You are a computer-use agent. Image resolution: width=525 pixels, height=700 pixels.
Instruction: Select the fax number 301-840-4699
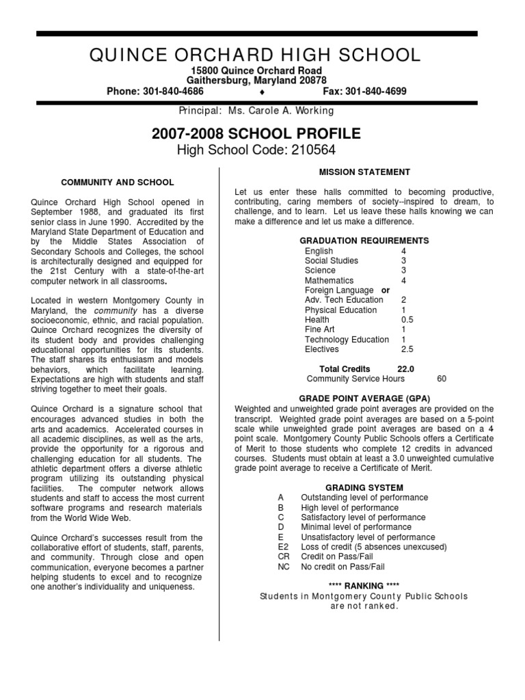tap(374, 91)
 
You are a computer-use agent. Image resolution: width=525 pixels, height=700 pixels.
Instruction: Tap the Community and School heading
tap(118, 183)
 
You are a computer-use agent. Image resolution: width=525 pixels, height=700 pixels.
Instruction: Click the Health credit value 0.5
tap(407, 320)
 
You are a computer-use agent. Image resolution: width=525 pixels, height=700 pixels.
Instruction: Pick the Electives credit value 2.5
tap(407, 349)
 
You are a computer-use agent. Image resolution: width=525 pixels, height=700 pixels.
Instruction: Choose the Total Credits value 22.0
tap(405, 369)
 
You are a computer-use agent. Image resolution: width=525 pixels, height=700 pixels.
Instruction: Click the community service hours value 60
tap(442, 379)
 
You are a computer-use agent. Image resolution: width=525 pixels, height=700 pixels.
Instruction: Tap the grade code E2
tap(284, 547)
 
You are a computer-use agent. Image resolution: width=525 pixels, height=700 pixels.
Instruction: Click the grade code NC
tap(284, 567)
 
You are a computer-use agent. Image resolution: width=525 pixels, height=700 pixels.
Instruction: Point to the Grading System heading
tap(364, 488)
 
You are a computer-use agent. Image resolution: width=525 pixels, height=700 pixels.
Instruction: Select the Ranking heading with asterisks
tap(364, 587)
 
